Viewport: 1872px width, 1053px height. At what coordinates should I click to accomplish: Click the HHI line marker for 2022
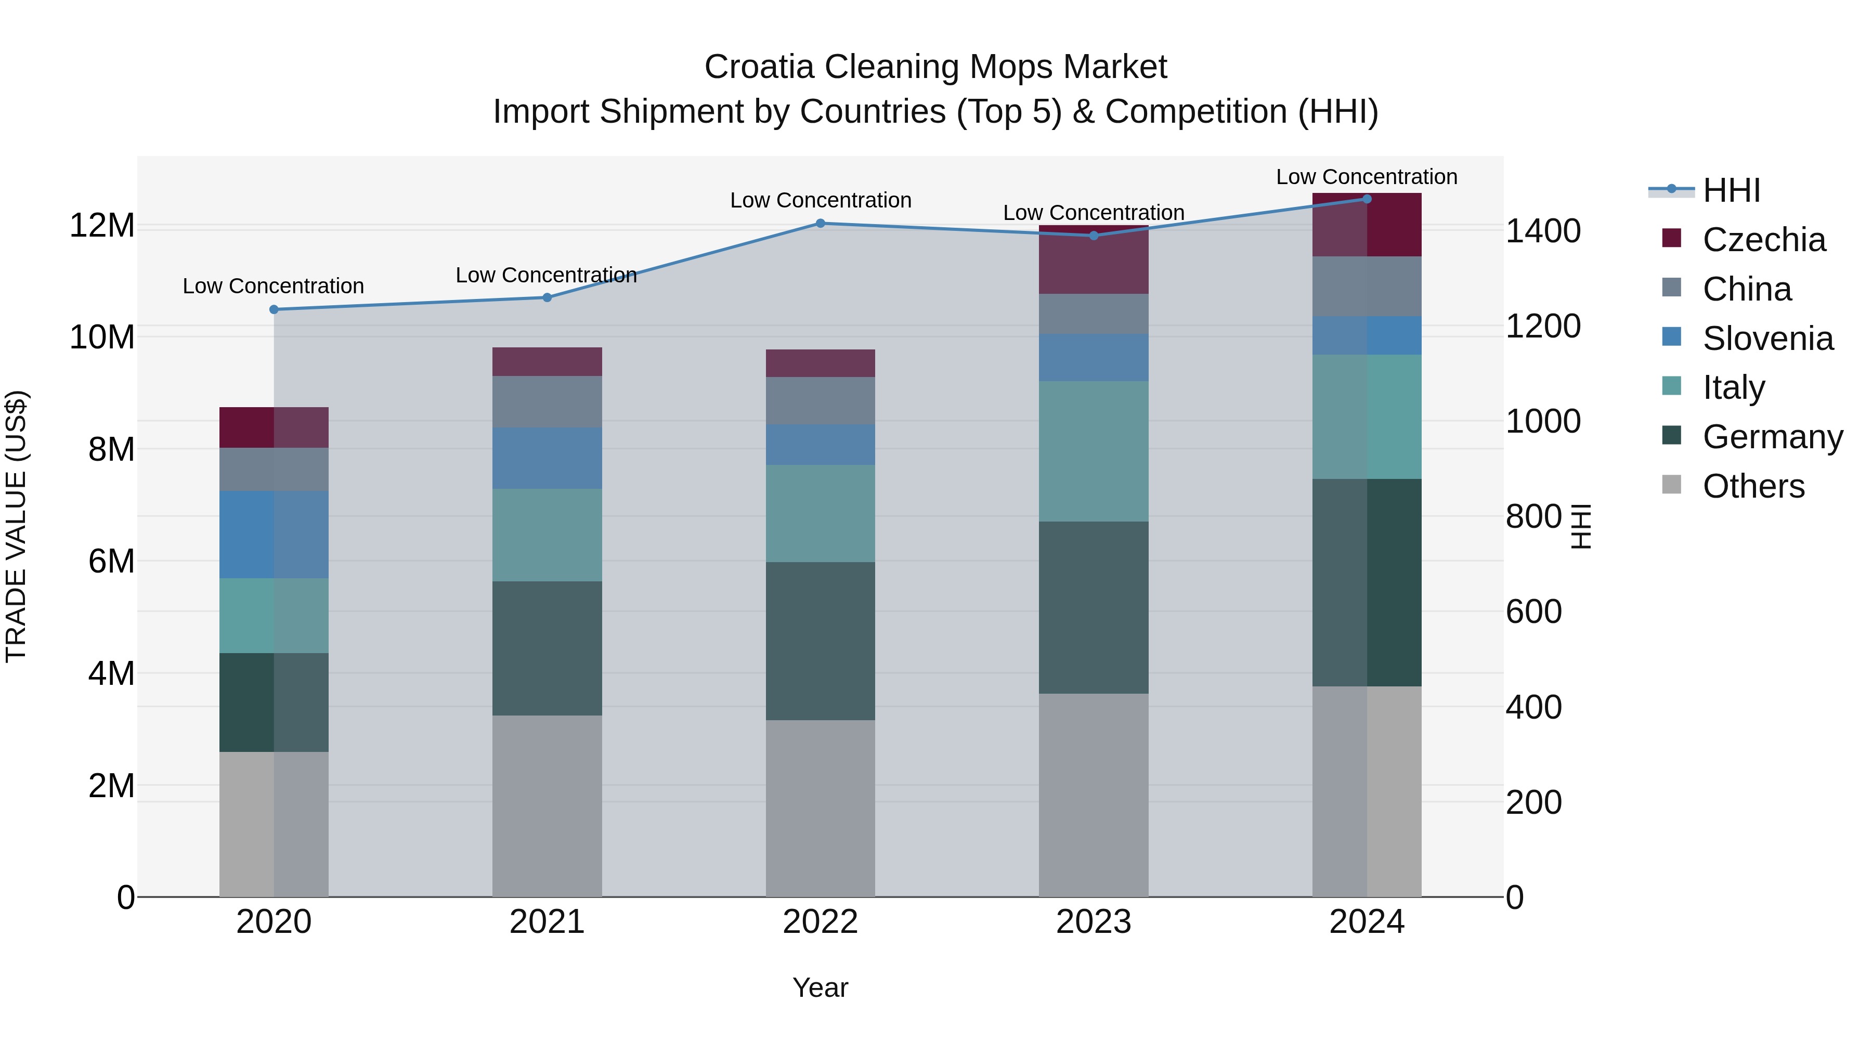pos(821,223)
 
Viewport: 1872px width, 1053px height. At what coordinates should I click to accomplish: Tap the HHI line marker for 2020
pos(274,309)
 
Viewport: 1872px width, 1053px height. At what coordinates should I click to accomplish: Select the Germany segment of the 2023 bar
pos(1094,607)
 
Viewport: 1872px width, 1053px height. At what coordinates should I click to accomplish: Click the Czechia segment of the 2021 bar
pos(547,361)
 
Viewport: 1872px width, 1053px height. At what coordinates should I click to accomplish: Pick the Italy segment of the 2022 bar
pos(821,513)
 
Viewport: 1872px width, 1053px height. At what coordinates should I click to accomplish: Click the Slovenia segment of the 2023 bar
pos(1094,358)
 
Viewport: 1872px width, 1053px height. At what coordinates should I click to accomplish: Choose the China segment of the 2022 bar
pos(821,400)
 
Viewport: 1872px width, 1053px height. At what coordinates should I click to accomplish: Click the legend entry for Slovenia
pos(1767,339)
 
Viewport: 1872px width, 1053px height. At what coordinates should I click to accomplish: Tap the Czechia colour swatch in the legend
pos(1671,238)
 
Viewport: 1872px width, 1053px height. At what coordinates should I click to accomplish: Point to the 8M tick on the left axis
pos(111,449)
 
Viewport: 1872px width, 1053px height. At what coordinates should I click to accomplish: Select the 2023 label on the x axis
pos(1094,922)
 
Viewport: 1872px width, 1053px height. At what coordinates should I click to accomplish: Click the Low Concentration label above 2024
pos(1366,177)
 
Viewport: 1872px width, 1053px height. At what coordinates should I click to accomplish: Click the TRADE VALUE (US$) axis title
pos(17,526)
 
